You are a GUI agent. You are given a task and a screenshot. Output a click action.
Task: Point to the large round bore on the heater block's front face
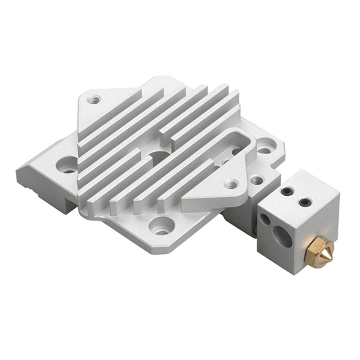(x=283, y=235)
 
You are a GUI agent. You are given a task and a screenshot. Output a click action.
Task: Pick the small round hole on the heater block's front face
(x=265, y=220)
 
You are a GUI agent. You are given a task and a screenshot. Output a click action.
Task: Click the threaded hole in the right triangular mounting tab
(x=231, y=184)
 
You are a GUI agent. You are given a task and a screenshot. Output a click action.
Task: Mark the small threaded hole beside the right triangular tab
(x=257, y=180)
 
